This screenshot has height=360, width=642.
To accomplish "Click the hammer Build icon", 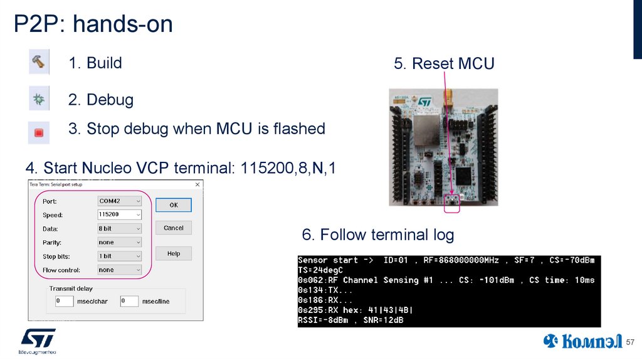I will (38, 63).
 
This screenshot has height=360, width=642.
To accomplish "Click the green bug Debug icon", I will (38, 99).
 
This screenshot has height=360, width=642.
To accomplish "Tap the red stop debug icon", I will (38, 132).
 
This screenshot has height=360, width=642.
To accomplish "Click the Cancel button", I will (173, 228).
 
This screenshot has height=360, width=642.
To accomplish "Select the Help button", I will (173, 253).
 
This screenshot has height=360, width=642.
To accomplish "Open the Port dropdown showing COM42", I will (120, 201).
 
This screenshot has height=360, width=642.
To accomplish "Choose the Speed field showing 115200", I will (120, 214).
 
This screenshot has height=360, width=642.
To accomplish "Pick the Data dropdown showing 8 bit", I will (120, 228).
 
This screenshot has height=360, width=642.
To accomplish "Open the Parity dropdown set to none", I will (120, 242).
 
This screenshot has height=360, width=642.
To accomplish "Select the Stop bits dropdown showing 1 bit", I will (120, 256).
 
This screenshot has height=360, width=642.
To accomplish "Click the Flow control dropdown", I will (120, 270).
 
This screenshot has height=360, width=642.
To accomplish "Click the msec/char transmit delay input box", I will (64, 301).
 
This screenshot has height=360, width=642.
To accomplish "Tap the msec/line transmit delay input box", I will (129, 301).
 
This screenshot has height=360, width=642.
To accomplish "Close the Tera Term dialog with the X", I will (197, 184).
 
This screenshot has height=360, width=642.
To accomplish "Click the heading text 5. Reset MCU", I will (444, 63).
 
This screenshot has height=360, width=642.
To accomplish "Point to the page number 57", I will (631, 342).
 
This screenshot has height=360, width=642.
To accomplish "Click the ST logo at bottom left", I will (38, 339).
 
